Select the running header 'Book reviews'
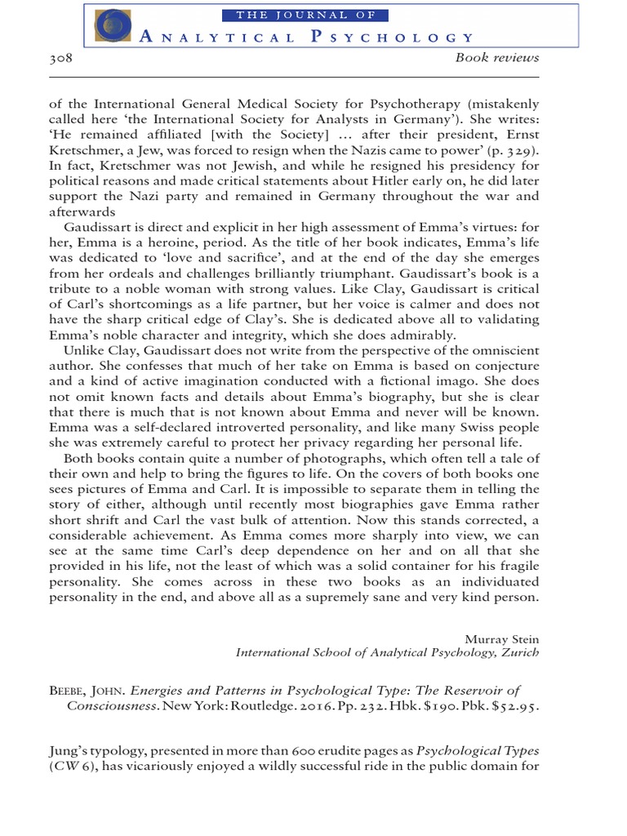497,60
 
